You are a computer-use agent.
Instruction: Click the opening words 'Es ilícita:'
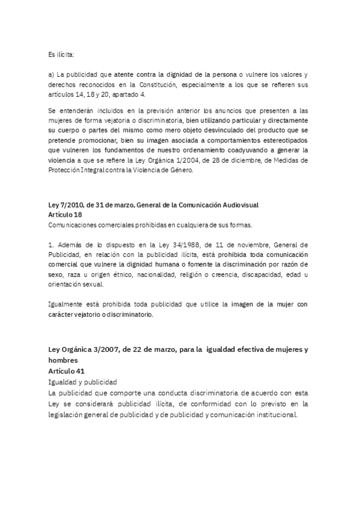pyautogui.click(x=61, y=55)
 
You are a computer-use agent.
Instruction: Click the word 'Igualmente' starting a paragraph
pyautogui.click(x=64, y=305)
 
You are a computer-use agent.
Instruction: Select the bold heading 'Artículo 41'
pyautogui.click(x=66, y=372)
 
